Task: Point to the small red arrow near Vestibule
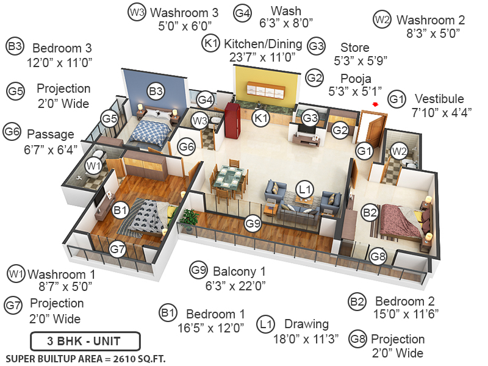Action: (x=376, y=104)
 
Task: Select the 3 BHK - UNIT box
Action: (x=85, y=340)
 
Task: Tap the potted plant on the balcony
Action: (x=190, y=218)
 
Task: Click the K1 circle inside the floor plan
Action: (x=261, y=118)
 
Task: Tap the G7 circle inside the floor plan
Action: (x=118, y=249)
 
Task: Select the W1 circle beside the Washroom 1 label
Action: (x=16, y=273)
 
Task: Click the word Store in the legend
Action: (x=355, y=47)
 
